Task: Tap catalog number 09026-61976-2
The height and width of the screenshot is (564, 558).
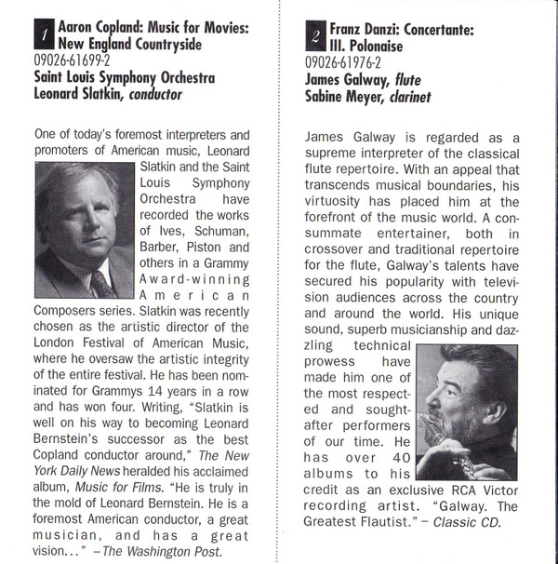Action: click(x=343, y=63)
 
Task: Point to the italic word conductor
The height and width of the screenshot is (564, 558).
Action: click(x=152, y=94)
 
